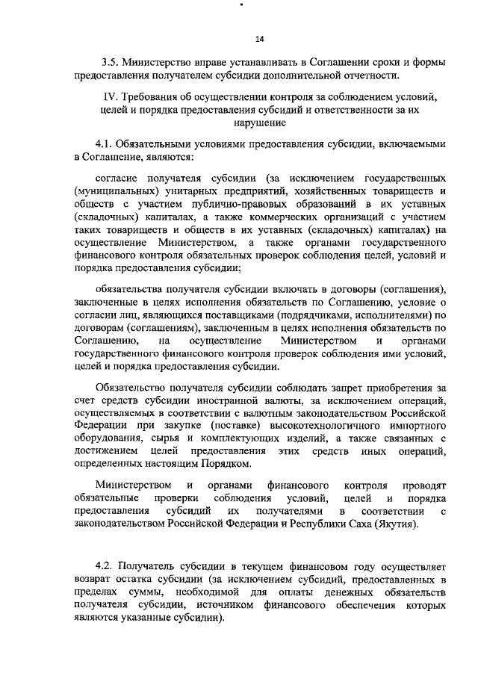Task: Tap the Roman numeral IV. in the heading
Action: tap(108, 97)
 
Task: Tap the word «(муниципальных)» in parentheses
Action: tap(114, 190)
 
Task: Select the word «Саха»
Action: tap(358, 524)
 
